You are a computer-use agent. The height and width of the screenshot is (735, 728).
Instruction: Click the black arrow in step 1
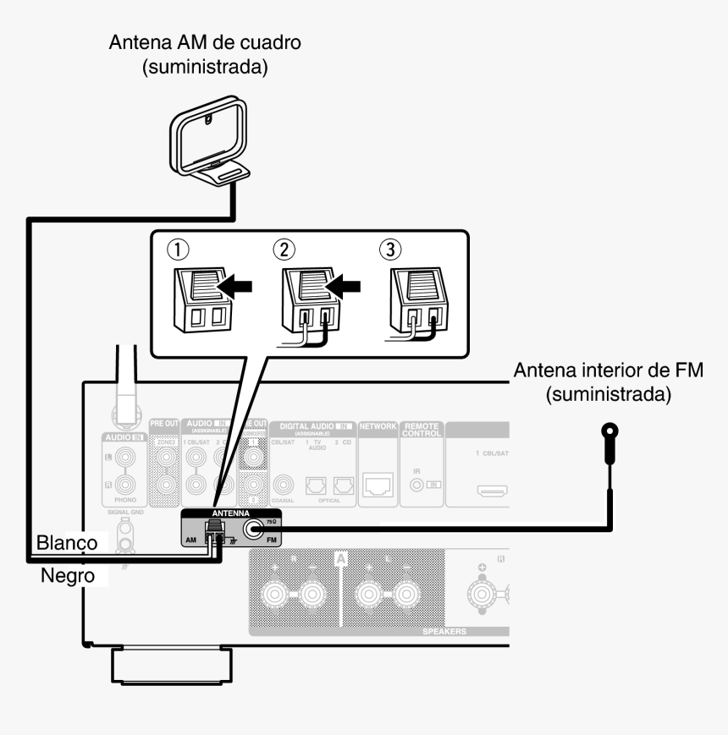[x=235, y=288]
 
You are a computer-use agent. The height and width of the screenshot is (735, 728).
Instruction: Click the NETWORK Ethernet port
[x=378, y=485]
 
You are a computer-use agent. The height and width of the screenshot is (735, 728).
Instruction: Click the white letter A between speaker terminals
[x=341, y=559]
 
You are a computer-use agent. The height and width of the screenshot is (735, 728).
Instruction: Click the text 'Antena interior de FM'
[x=609, y=372]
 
